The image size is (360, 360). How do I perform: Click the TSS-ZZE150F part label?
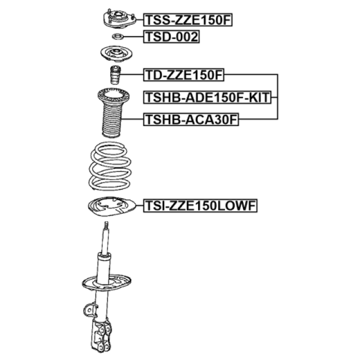[188, 20]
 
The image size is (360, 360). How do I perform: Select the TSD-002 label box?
[171, 37]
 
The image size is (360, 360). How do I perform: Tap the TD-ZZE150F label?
[184, 75]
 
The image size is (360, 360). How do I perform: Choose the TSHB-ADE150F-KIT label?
[208, 97]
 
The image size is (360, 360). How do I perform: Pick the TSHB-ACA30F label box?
[191, 119]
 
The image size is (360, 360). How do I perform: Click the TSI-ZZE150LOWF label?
[200, 205]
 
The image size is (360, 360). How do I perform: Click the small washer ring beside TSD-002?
[118, 36]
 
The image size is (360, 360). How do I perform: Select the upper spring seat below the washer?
[116, 55]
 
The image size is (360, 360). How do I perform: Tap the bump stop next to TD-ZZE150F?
[115, 75]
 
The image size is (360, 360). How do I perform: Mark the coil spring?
[110, 166]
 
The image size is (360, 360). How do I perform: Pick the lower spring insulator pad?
[112, 206]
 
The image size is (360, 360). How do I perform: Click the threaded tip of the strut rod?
[106, 225]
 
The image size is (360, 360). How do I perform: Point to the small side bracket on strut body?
[90, 310]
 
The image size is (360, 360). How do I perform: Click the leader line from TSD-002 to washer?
[134, 37]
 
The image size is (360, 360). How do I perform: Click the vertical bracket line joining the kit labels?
[277, 97]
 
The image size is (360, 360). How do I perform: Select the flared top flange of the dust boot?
[114, 96]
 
